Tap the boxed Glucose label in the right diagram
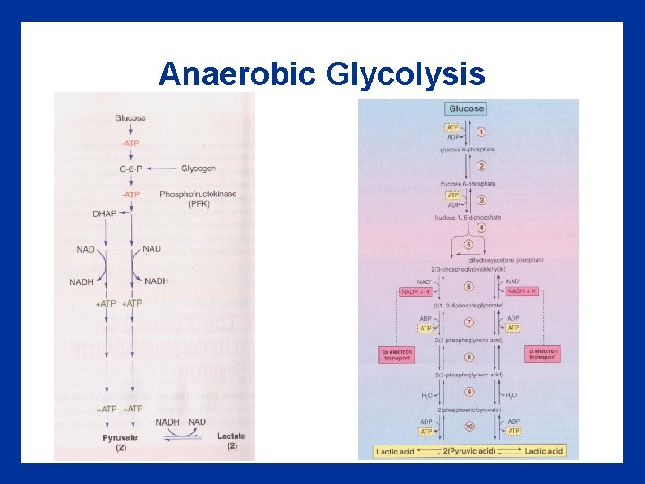pos(465,108)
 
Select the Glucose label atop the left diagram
pos(131,117)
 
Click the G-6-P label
pos(130,169)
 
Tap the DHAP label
pos(104,212)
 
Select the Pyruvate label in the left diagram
pos(120,436)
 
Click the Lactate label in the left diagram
pos(231,436)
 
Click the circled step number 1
pos(481,133)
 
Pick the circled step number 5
pos(468,245)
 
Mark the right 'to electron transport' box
pos(544,355)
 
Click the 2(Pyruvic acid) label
pos(469,451)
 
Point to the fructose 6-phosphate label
pos(468,184)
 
